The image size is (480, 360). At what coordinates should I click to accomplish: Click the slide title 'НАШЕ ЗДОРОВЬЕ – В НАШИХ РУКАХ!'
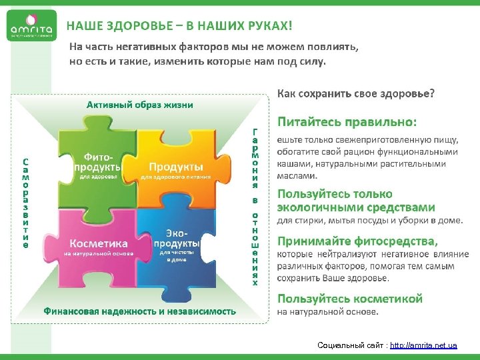[179, 26]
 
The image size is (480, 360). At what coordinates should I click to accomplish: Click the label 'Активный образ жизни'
[140, 105]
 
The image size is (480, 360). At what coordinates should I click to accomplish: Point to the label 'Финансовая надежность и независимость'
[140, 311]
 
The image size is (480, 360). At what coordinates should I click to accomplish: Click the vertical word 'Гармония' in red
[255, 157]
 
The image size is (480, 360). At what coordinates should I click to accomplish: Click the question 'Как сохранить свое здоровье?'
[356, 93]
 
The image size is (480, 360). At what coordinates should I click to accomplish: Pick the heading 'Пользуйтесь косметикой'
[350, 299]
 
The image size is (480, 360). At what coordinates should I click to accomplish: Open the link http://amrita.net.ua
[423, 345]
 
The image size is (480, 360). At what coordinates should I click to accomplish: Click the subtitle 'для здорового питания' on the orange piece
[176, 177]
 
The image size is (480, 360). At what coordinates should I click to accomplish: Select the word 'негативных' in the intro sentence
[145, 47]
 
